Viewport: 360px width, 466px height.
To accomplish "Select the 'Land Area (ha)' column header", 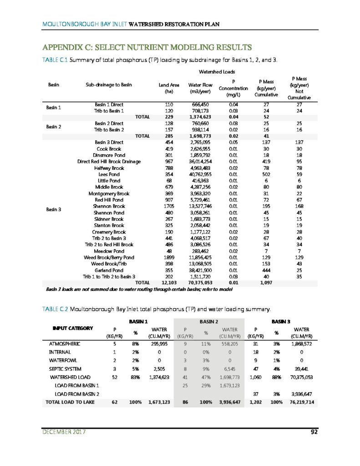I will click(x=169, y=88).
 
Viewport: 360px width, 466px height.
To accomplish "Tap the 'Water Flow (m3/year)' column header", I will click(x=198, y=88).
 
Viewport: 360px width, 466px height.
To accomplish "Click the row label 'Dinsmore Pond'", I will click(x=109, y=155).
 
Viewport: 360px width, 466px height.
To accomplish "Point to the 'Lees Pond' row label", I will click(x=109, y=174).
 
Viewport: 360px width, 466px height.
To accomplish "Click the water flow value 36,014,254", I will click(x=199, y=162).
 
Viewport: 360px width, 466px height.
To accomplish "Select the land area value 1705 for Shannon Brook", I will click(x=169, y=206).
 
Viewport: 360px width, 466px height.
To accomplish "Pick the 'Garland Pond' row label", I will click(x=109, y=270).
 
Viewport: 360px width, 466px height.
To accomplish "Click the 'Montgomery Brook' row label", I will click(x=109, y=193).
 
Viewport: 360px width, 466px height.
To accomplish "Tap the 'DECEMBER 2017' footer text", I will click(x=64, y=432).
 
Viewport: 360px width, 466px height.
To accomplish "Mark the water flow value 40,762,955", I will click(x=199, y=174).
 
